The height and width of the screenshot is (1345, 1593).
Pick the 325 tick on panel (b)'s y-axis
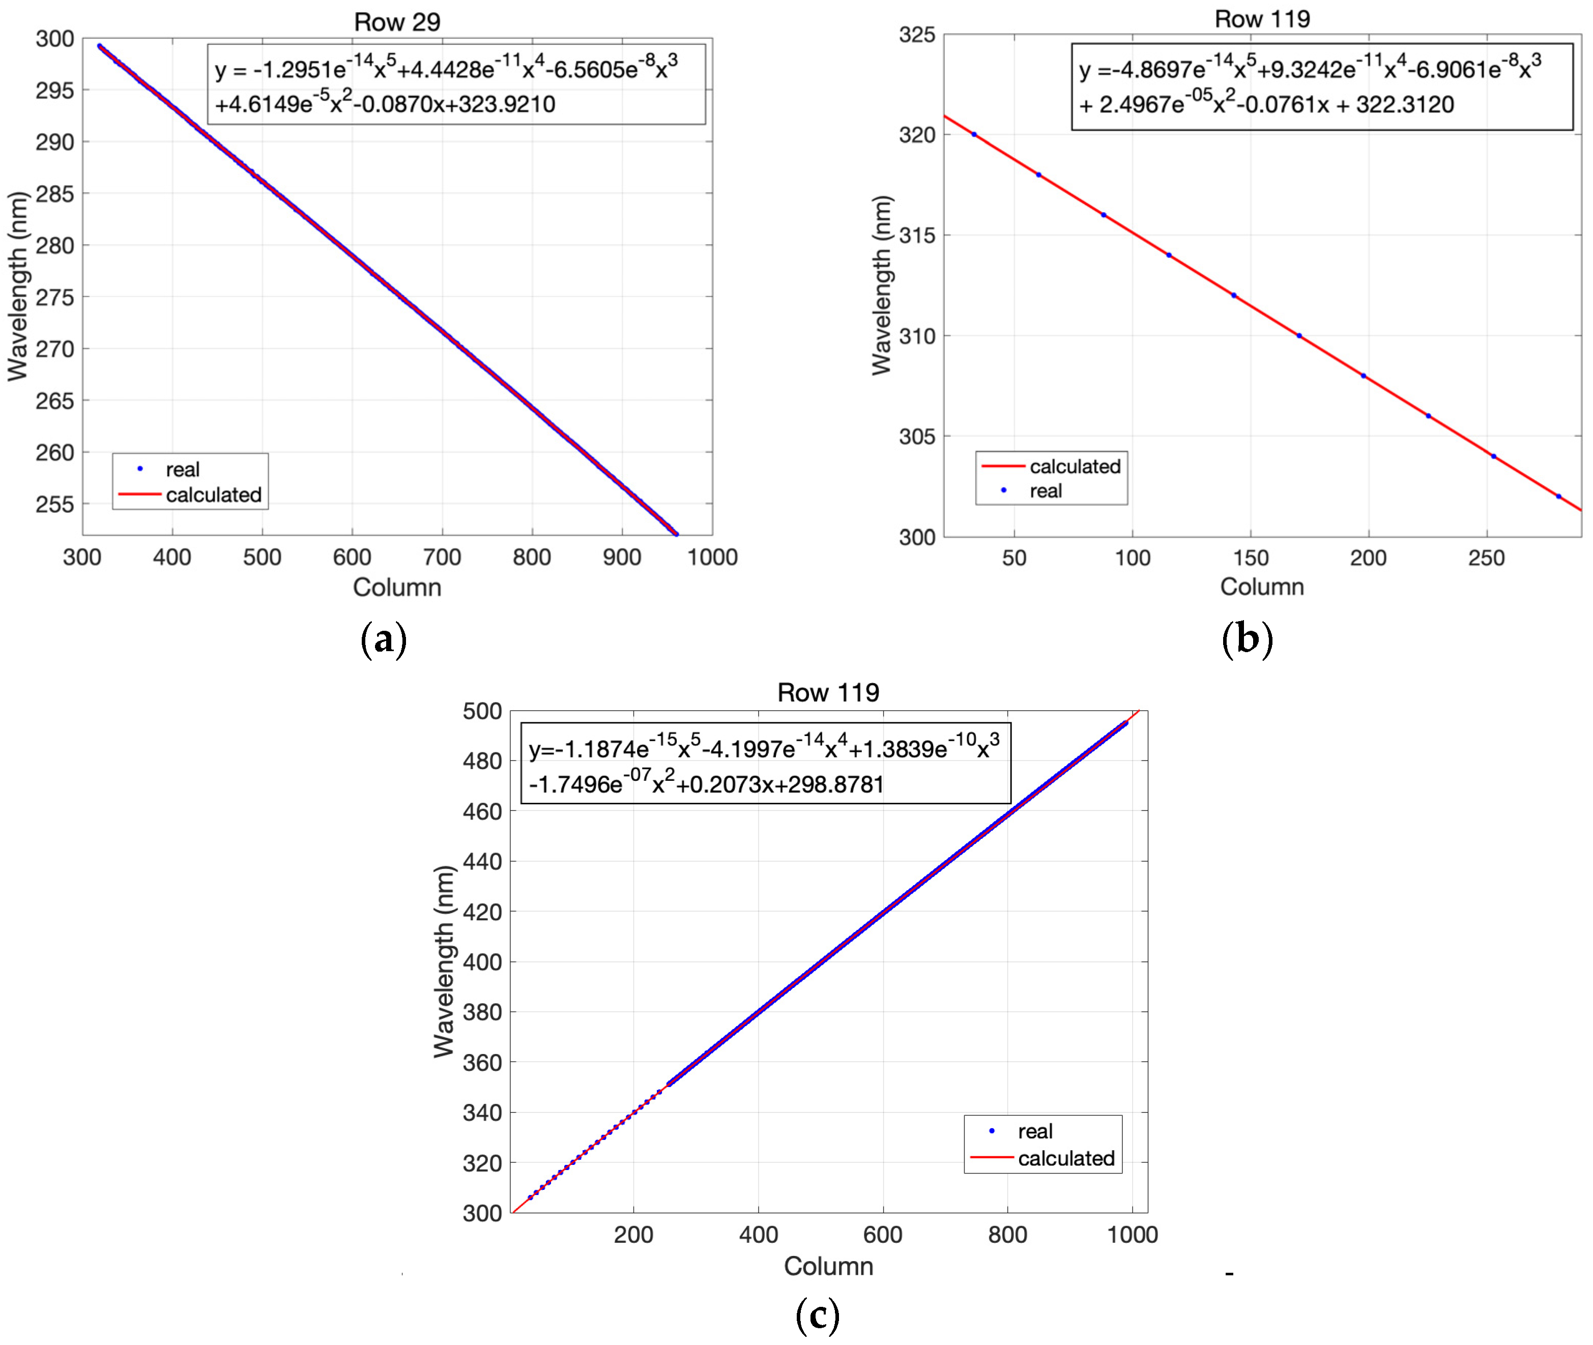click(x=917, y=35)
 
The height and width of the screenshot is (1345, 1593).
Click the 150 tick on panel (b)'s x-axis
click(x=1251, y=558)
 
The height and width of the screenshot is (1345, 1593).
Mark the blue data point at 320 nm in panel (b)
click(x=974, y=135)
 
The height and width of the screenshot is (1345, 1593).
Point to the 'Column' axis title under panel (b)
click(x=1262, y=587)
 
